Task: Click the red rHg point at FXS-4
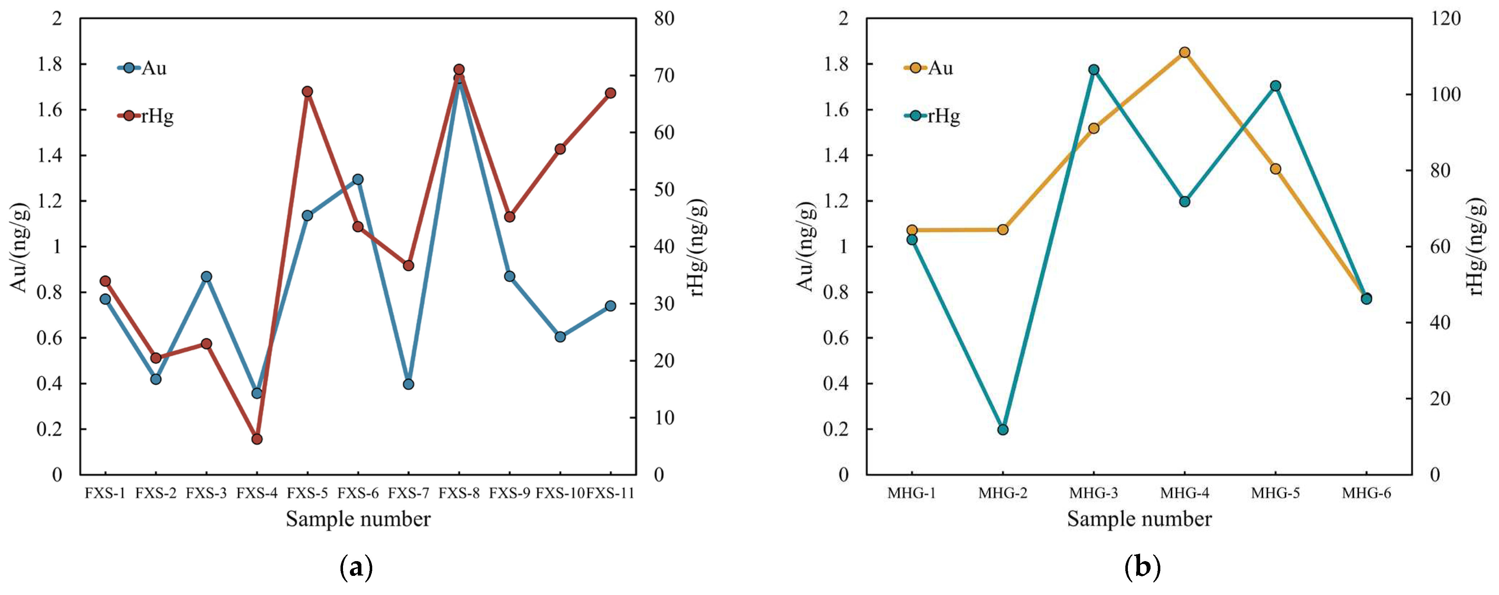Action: click(256, 439)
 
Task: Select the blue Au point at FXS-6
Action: click(358, 179)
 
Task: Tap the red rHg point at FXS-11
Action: click(610, 93)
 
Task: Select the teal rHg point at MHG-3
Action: click(1093, 70)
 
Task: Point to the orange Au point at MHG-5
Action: click(1275, 169)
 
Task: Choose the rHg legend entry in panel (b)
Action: click(932, 116)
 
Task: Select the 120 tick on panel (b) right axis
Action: click(1446, 19)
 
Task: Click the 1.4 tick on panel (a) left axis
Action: click(50, 155)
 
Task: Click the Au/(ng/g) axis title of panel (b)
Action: click(805, 247)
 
